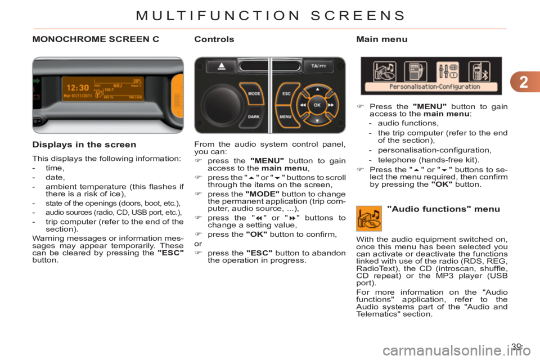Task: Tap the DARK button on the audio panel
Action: (253, 117)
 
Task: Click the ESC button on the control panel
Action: (286, 93)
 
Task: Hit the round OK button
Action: (316, 105)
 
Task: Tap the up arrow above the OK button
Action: (316, 89)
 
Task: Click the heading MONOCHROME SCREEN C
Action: (96, 39)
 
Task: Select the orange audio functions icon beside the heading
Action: (369, 219)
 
